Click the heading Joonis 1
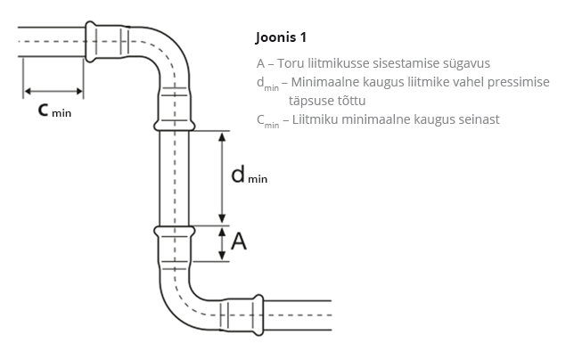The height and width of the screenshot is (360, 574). tap(281, 37)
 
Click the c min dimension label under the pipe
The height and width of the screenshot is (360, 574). tap(54, 110)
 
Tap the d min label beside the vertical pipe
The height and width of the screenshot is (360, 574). tap(250, 175)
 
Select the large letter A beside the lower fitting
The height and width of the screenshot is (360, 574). tap(239, 241)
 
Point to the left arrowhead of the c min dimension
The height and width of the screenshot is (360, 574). tap(28, 91)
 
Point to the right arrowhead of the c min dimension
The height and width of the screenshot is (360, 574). tap(79, 91)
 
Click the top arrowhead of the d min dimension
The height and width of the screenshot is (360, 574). tap(222, 137)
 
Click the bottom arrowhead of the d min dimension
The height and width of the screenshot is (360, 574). tap(222, 219)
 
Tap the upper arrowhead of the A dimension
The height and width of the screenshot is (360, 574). tap(222, 232)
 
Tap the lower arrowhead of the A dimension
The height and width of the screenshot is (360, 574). tap(222, 256)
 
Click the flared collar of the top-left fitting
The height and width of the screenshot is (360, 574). tap(90, 41)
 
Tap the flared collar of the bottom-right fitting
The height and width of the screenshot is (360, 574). tap(258, 315)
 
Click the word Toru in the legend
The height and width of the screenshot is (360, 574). tap(291, 63)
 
